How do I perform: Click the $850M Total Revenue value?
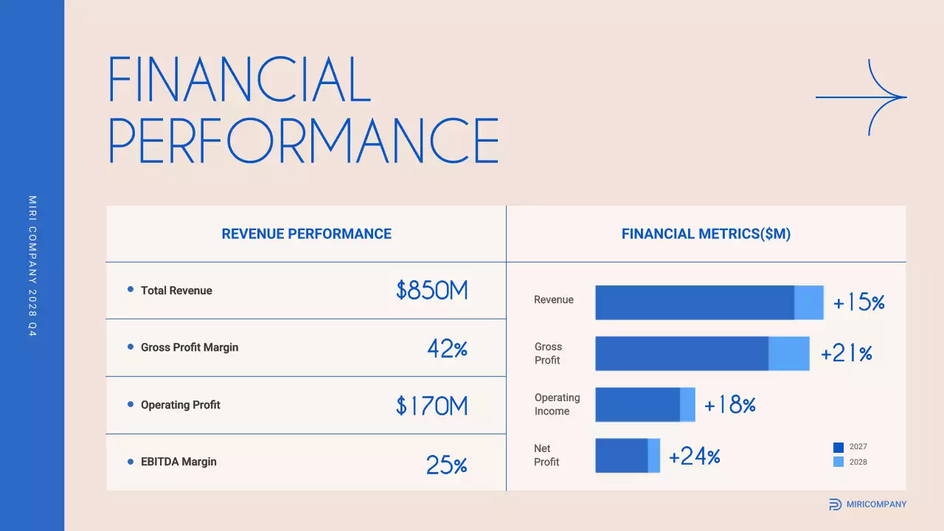432,291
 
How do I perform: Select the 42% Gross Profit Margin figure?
448,348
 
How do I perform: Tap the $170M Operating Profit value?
432,406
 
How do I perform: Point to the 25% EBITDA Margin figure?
447,465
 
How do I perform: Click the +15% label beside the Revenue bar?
858,303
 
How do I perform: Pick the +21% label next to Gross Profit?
847,354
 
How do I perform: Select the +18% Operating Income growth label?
730,405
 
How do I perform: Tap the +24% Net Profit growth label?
694,457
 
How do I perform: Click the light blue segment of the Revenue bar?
809,302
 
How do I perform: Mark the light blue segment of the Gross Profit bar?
789,353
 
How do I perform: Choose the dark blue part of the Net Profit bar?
622,456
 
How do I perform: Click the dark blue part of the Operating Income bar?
637,405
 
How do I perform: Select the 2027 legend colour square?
839,447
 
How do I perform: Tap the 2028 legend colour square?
839,462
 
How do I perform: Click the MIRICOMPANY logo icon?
835,504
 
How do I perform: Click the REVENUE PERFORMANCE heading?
306,235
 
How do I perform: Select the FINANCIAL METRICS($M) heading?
706,235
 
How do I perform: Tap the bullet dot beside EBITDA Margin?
131,462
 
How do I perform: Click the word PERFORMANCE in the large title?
304,140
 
